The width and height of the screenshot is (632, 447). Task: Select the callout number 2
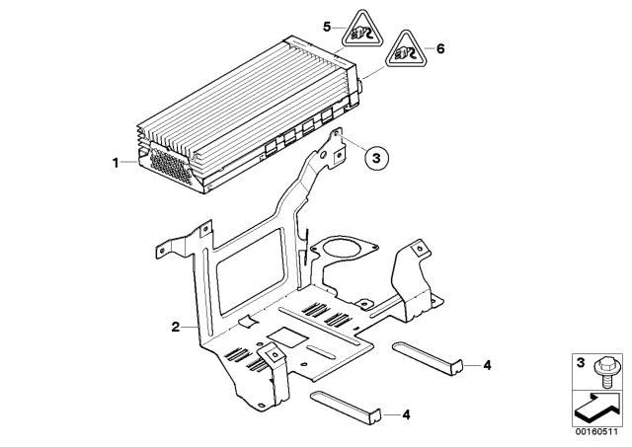click(x=176, y=326)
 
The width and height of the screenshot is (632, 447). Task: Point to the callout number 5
click(x=328, y=22)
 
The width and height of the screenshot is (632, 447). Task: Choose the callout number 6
click(x=440, y=47)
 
